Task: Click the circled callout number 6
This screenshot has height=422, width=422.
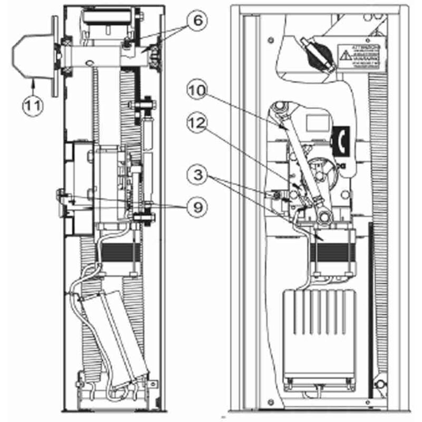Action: coord(196,21)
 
